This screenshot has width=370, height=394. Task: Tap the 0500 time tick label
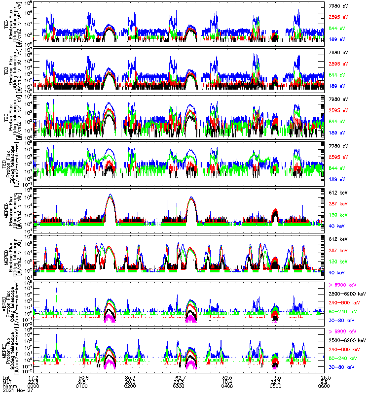(x=275, y=386)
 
